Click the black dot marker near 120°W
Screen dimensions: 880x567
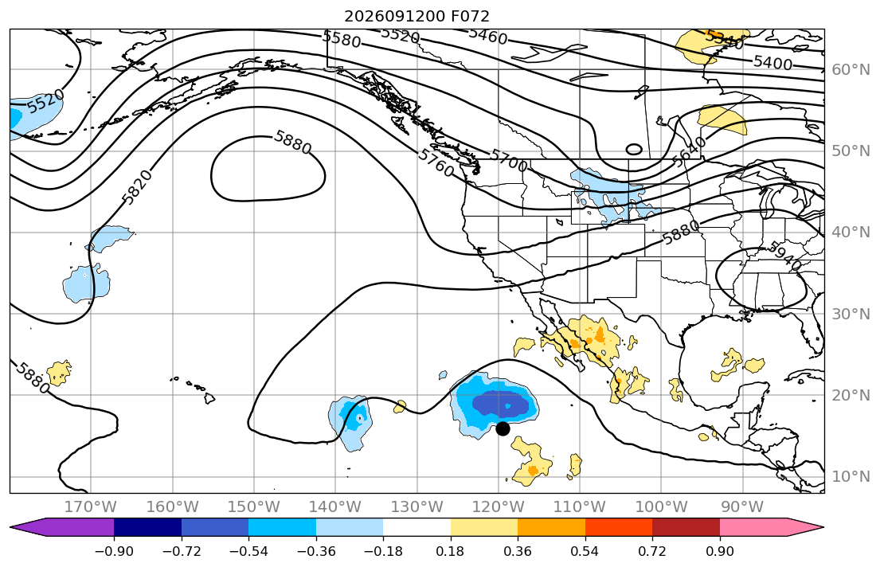tap(503, 428)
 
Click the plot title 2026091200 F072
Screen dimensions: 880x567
tap(417, 16)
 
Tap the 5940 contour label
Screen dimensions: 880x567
tap(784, 256)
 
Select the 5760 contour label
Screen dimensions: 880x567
tap(436, 162)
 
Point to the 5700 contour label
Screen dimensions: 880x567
tap(508, 160)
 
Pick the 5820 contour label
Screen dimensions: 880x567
tap(137, 187)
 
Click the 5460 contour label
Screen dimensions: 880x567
tap(487, 36)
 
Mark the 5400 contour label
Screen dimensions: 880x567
tap(772, 62)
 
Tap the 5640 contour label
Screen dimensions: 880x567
tap(689, 152)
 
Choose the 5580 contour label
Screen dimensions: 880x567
tap(341, 39)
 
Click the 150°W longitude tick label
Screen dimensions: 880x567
tap(254, 507)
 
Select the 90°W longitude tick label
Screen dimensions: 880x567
tap(742, 507)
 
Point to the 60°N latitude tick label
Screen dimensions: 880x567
tap(851, 69)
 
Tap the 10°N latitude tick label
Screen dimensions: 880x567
tap(851, 477)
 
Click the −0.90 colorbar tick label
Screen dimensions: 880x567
tap(114, 551)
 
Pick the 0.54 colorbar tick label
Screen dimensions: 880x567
tap(585, 551)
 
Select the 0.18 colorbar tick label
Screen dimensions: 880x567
tap(450, 551)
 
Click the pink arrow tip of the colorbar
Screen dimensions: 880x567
tap(823, 528)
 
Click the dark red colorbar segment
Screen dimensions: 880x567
tap(686, 528)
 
